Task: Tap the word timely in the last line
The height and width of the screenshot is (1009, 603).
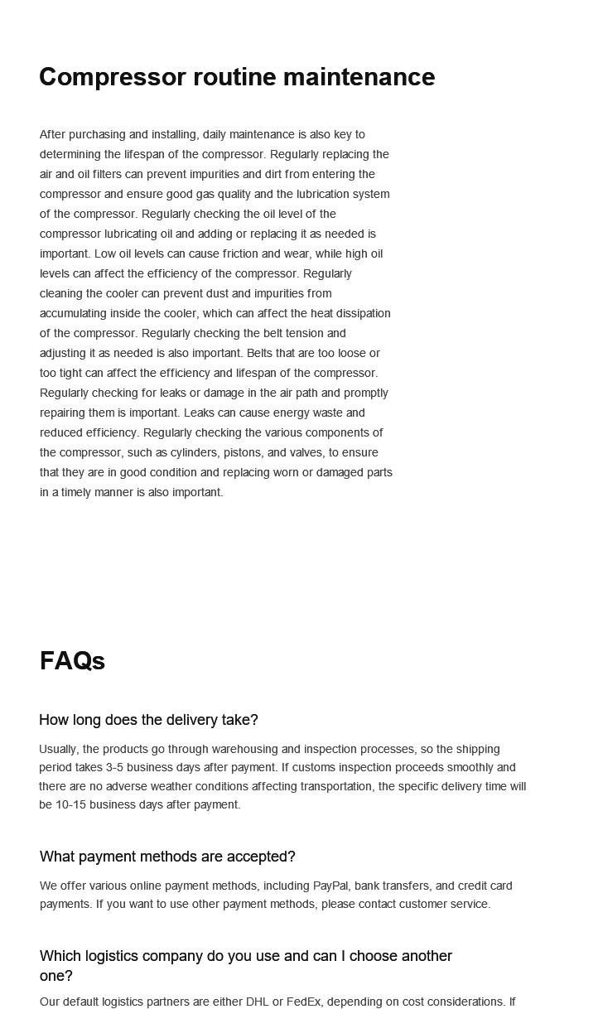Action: click(79, 492)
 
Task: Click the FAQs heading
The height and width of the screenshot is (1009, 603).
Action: click(72, 661)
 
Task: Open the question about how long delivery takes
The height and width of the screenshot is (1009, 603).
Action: click(148, 720)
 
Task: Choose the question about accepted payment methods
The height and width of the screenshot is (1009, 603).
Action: click(167, 857)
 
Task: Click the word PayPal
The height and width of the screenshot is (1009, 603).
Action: click(330, 886)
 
